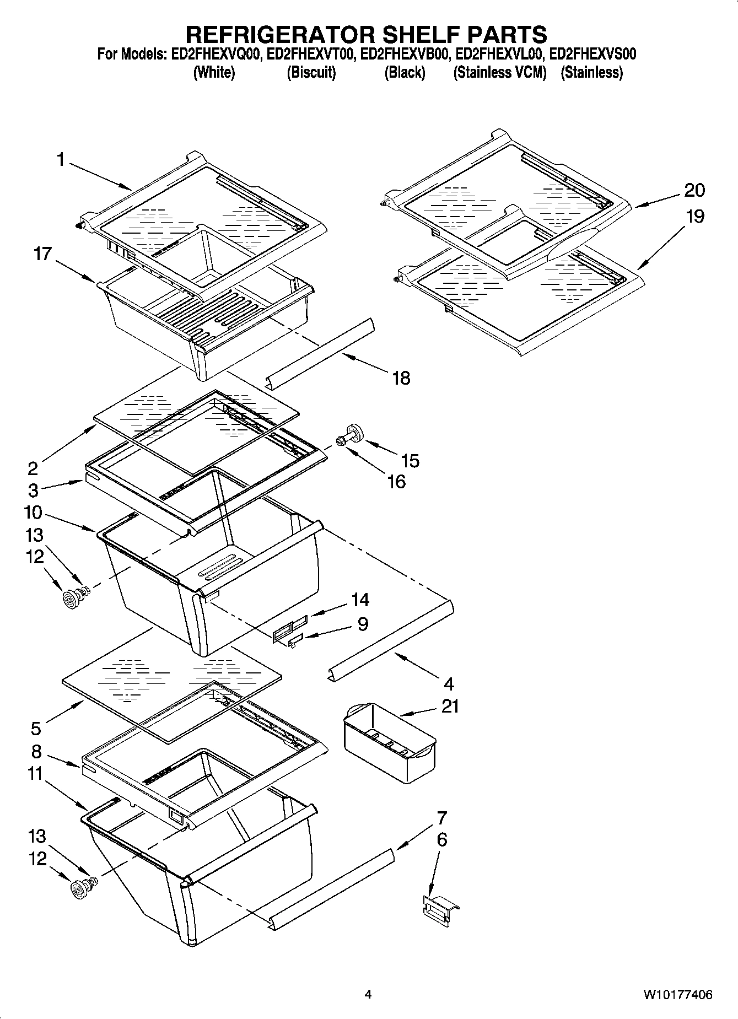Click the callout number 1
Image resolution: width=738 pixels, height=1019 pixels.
click(x=60, y=160)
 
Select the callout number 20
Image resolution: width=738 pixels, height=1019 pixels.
click(x=694, y=190)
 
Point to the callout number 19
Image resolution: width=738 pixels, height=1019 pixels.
click(x=695, y=217)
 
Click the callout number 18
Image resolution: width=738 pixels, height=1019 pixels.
click(x=401, y=378)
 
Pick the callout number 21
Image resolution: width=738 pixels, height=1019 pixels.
click(x=450, y=706)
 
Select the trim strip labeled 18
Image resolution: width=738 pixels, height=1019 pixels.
click(x=320, y=353)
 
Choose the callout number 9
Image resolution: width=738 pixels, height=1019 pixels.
click(x=363, y=624)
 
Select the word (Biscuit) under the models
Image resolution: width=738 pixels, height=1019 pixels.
click(x=311, y=72)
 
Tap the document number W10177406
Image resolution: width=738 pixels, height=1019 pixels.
click(x=677, y=995)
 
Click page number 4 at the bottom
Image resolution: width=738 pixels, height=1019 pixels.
click(x=368, y=995)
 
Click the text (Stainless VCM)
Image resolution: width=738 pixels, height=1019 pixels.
click(x=499, y=72)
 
